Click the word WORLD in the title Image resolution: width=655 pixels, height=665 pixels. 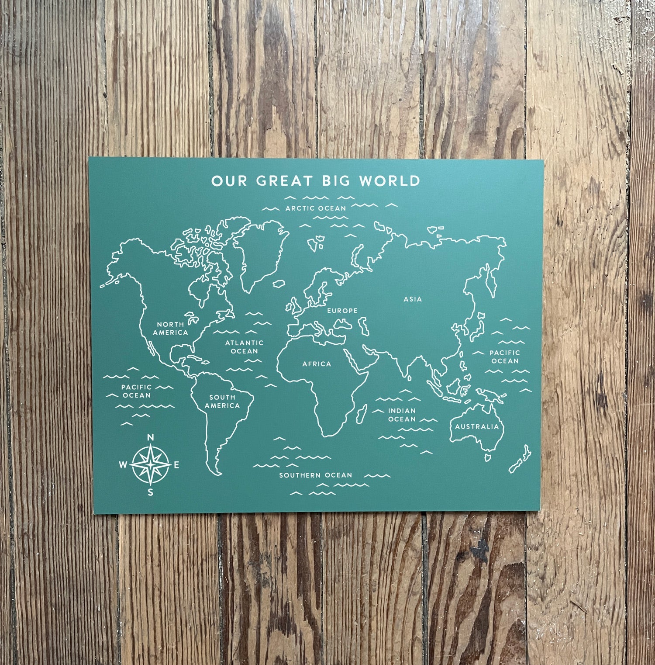coord(390,181)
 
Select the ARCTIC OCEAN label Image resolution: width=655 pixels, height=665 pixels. coord(316,208)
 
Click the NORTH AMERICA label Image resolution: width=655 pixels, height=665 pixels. coord(170,328)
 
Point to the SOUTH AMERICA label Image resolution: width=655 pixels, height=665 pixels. coord(222,401)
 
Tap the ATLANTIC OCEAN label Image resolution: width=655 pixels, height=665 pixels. coord(245,347)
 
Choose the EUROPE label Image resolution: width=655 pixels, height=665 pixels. coord(342,311)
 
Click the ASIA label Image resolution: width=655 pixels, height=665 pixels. coord(413,299)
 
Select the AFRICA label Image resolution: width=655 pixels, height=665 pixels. coord(317,364)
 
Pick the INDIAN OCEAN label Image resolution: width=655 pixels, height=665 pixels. coord(402,415)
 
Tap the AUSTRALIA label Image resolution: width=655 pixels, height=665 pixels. coord(477,426)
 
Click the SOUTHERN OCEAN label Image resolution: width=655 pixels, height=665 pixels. coord(316,475)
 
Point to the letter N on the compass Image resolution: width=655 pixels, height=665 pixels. coord(151,437)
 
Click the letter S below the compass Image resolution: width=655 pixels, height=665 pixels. coord(151,493)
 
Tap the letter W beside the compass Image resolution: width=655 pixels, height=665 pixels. coord(123,465)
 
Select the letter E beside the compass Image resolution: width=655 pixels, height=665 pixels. coord(177,465)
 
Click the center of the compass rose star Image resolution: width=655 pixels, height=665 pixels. coord(151,465)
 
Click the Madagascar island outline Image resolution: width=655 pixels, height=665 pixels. coord(362,413)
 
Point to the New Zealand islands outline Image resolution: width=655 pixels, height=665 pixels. coord(521,460)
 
